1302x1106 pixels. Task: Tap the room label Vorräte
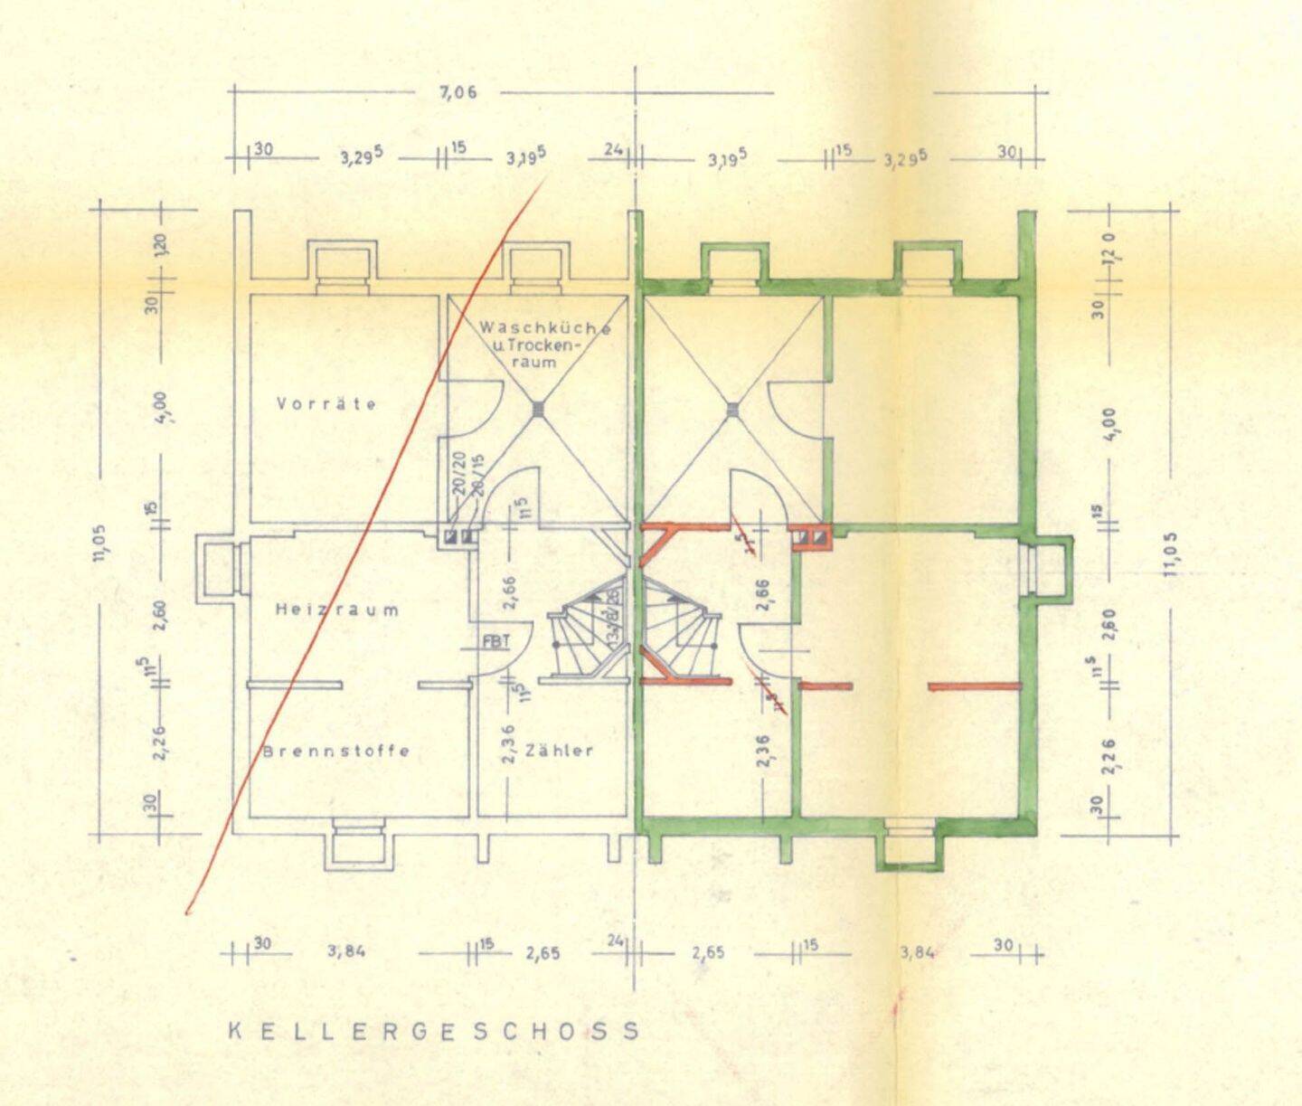pos(326,404)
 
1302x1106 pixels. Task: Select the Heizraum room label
pos(336,610)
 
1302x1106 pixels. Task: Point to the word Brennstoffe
pos(335,751)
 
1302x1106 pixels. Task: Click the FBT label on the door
pos(496,641)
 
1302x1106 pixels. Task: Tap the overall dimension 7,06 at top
pos(458,92)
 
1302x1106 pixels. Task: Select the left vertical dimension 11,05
pos(99,543)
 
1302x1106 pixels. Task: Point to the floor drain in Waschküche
pos(539,411)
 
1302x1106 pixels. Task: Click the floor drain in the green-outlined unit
pos(732,411)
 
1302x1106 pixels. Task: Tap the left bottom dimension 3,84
pos(346,951)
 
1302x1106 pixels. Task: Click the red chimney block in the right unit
pos(809,538)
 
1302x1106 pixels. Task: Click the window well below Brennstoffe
pos(360,846)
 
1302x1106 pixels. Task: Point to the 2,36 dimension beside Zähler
pos(508,743)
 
